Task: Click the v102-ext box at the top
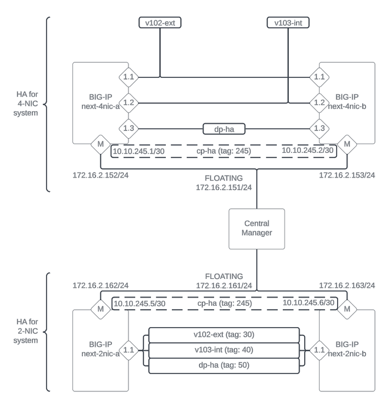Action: pyautogui.click(x=160, y=22)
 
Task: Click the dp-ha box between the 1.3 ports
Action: pyautogui.click(x=223, y=129)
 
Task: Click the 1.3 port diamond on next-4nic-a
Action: pyautogui.click(x=128, y=129)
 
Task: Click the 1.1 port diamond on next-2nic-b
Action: pyautogui.click(x=319, y=348)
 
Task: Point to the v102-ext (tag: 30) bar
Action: pyautogui.click(x=223, y=334)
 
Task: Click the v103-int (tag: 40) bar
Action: pyautogui.click(x=223, y=349)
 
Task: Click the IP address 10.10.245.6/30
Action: pyautogui.click(x=308, y=302)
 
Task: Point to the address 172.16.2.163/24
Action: pyautogui.click(x=346, y=286)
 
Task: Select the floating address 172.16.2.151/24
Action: pyautogui.click(x=224, y=187)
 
